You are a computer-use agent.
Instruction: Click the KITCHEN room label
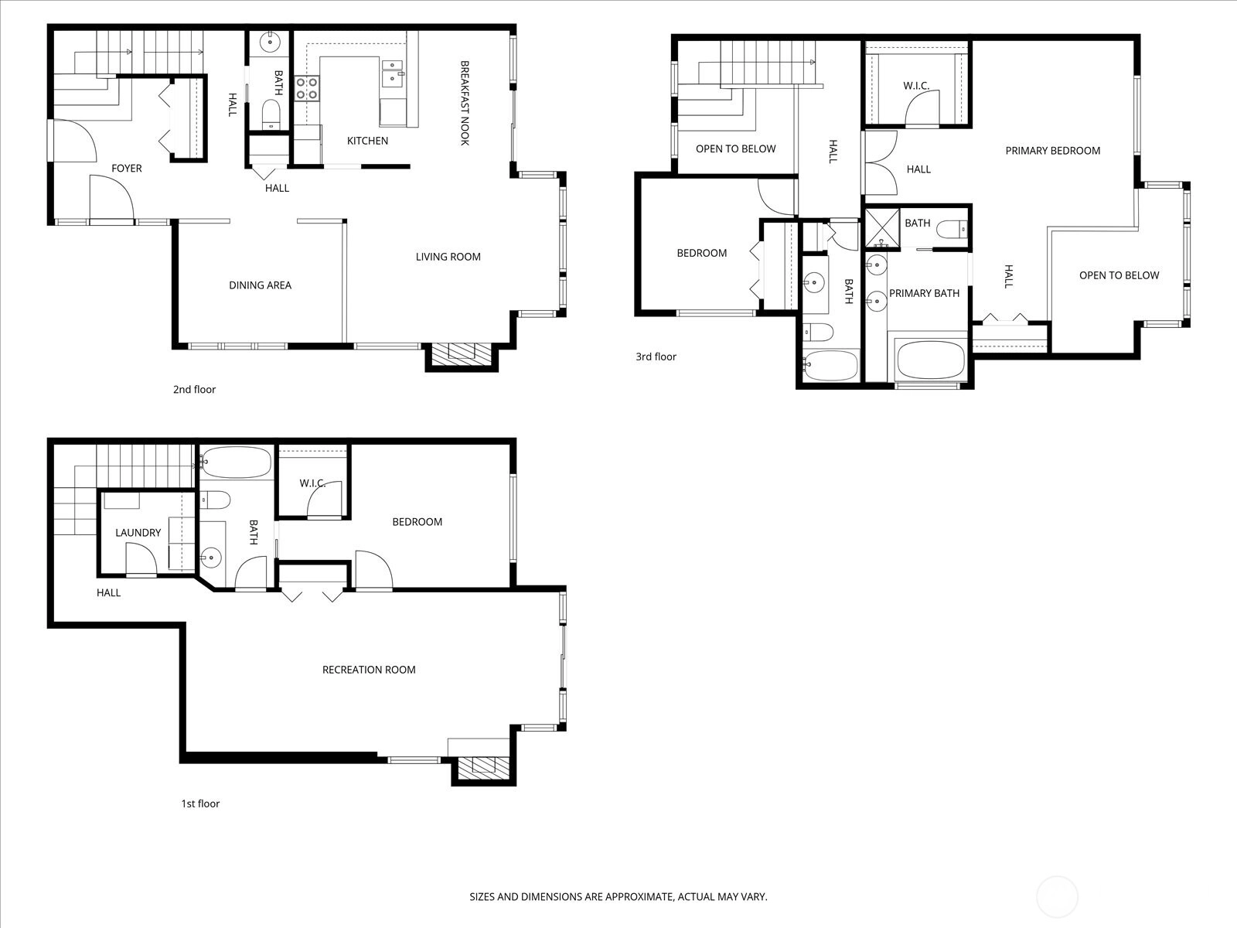click(367, 141)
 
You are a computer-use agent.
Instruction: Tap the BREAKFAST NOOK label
click(465, 103)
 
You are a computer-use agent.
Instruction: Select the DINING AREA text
click(260, 285)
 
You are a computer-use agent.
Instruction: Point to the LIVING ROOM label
click(448, 257)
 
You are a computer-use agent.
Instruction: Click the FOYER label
click(127, 169)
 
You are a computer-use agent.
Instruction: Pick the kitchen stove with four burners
click(307, 88)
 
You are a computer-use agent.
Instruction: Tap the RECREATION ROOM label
click(369, 670)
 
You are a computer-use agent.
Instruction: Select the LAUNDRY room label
click(138, 533)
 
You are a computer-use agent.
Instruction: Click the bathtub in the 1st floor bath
click(236, 463)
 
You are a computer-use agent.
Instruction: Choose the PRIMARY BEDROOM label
click(1053, 151)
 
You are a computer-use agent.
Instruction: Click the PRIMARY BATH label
click(924, 293)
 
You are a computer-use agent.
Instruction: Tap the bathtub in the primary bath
click(930, 360)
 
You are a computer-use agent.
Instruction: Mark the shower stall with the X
click(883, 227)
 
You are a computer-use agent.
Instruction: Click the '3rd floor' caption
click(656, 357)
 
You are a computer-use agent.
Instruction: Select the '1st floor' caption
click(200, 804)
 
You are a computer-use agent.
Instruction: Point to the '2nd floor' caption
click(194, 389)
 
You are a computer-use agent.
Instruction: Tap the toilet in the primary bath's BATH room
click(952, 230)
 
